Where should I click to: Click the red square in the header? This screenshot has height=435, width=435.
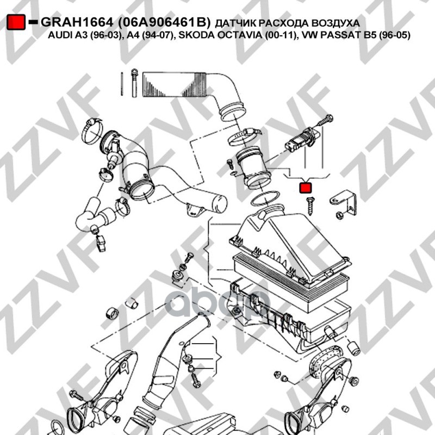16,22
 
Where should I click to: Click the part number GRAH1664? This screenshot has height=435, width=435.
77,22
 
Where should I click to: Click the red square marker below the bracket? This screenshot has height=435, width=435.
306,188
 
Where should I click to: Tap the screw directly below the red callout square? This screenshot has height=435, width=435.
310,206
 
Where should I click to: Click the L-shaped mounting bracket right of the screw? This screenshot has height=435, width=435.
344,202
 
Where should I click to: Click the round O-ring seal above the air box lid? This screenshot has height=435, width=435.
265,198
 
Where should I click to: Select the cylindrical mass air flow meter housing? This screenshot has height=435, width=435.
253,167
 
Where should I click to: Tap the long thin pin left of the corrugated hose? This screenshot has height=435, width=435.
122,84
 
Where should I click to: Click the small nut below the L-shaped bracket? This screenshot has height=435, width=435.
339,215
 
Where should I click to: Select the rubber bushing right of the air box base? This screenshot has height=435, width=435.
354,349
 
